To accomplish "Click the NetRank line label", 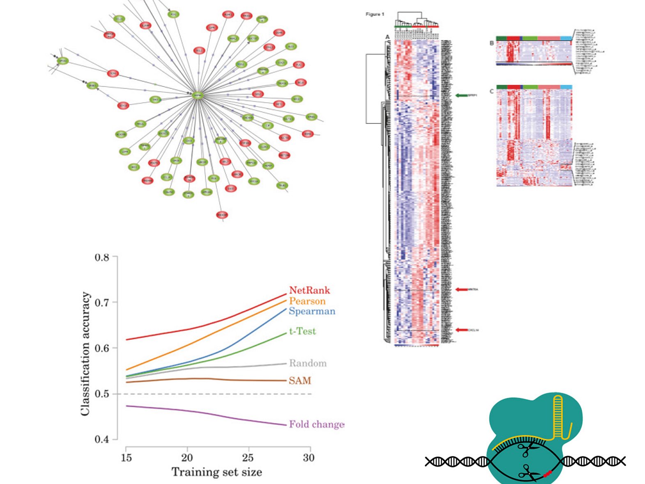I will click(309, 290).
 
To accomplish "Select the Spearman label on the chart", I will click(312, 311).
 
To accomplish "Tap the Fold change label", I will click(316, 424).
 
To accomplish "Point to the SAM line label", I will click(299, 381).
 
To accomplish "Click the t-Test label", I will click(302, 331).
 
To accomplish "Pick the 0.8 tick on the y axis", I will click(102, 257).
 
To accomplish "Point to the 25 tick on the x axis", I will click(248, 458).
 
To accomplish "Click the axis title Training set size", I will click(217, 472).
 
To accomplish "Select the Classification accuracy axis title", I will click(85, 354).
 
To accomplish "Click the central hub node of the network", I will click(198, 95).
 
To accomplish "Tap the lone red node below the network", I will click(222, 215).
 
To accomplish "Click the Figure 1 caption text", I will click(375, 14).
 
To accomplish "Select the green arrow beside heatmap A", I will click(461, 95).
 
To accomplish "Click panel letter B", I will click(491, 43).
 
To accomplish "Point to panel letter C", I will click(491, 91).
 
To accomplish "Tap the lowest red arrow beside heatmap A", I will click(461, 330).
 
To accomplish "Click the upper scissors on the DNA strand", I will click(525, 449).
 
